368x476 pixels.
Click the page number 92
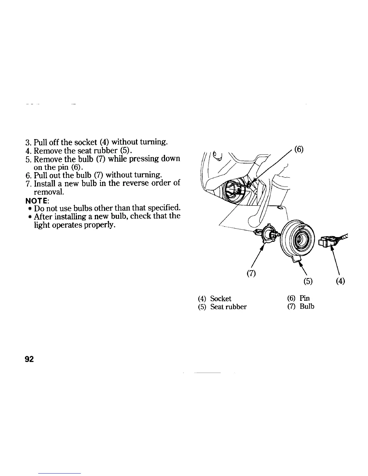click(x=31, y=360)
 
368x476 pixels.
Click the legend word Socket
click(x=221, y=298)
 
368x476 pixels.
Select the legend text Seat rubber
click(x=228, y=307)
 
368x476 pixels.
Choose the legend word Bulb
click(x=307, y=307)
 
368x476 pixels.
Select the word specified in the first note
click(x=164, y=207)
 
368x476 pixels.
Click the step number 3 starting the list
click(x=27, y=142)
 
